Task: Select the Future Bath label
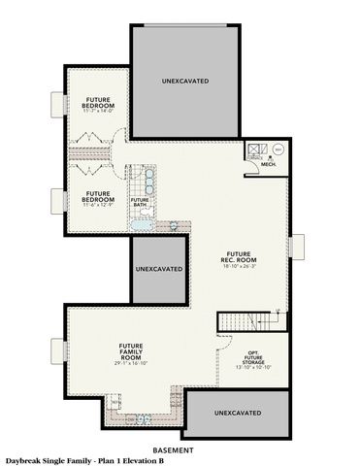140,202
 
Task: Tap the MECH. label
269,164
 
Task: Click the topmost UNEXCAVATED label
184,82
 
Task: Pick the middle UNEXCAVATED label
158,267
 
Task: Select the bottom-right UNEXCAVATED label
236,413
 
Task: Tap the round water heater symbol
277,150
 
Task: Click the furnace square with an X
256,150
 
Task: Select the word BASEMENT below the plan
180,449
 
